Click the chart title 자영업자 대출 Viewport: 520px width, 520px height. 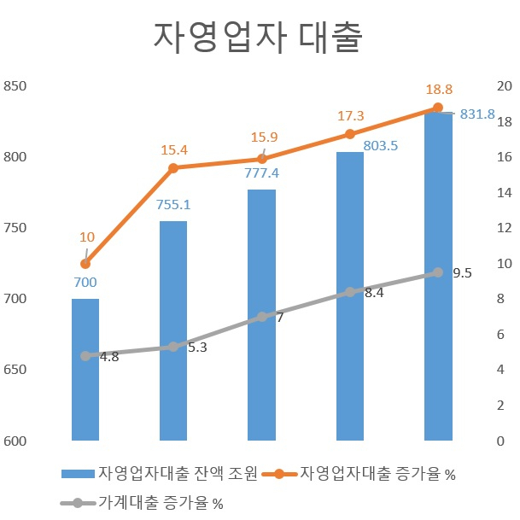click(x=258, y=38)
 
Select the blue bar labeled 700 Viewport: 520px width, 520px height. click(x=85, y=370)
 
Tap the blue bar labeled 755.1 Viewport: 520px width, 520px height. click(x=173, y=330)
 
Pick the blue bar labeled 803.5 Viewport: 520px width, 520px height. click(x=350, y=296)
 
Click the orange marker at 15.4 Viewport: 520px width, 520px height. click(x=173, y=168)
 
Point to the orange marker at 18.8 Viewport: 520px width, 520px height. click(x=438, y=108)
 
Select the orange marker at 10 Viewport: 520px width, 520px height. click(x=85, y=264)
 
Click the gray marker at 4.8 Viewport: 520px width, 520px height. click(x=85, y=356)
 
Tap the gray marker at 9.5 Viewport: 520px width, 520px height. click(x=438, y=272)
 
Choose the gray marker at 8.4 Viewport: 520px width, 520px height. click(x=350, y=292)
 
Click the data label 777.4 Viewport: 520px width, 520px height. click(x=261, y=173)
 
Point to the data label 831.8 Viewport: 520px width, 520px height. click(x=477, y=114)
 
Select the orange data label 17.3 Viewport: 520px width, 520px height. click(x=351, y=116)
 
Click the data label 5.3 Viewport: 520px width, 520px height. click(x=197, y=348)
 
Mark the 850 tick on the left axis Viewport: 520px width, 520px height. click(x=15, y=86)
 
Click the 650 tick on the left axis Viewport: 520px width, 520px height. click(x=15, y=370)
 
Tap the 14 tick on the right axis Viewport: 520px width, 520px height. click(x=505, y=192)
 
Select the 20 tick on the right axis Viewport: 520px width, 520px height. click(x=505, y=86)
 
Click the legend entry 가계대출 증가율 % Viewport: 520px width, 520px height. click(x=142, y=503)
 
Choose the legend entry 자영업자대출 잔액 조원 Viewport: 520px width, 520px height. click(x=159, y=473)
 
